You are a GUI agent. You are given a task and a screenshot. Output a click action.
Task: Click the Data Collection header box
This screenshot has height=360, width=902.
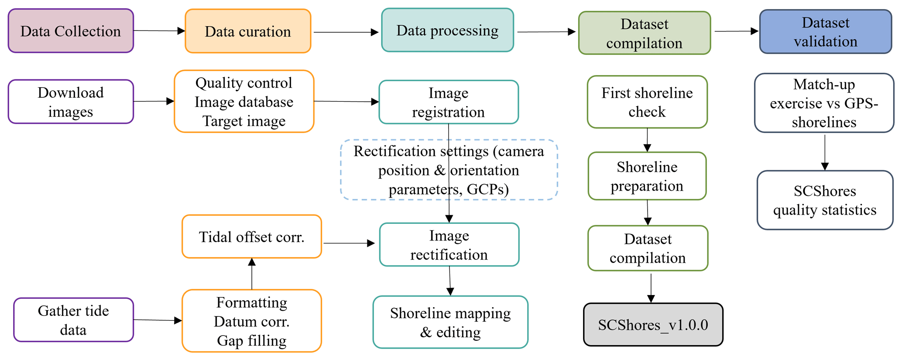click(71, 31)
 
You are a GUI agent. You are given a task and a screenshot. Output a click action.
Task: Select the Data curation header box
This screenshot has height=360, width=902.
click(248, 31)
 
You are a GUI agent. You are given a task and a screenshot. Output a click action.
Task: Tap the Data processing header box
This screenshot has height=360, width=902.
click(447, 31)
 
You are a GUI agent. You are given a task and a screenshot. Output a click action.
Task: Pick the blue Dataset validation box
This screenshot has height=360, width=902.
click(825, 32)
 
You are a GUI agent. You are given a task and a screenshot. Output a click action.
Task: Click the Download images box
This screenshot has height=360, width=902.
click(71, 102)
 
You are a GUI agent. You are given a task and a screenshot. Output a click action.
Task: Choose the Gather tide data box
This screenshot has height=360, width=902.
click(73, 320)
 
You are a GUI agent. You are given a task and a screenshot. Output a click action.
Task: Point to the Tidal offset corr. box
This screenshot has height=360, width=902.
click(252, 237)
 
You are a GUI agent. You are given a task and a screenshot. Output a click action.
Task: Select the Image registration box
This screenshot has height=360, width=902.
click(449, 102)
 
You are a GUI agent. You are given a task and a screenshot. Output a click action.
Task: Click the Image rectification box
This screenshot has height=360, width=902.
click(449, 245)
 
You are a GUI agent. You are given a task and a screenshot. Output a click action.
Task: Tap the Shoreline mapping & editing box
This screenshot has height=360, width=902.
click(450, 322)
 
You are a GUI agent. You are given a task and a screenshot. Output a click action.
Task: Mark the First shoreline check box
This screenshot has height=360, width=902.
click(647, 102)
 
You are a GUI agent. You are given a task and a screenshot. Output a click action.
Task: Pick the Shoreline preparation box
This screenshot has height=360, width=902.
click(647, 176)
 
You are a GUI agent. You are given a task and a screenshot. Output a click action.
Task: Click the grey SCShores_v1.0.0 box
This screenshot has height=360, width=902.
click(653, 325)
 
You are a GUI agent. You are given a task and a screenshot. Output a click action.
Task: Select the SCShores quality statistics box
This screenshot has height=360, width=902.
click(825, 200)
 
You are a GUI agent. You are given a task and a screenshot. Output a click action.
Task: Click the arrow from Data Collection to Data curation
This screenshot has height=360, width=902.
click(159, 31)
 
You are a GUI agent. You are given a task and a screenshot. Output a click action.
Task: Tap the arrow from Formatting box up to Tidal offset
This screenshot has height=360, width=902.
click(252, 274)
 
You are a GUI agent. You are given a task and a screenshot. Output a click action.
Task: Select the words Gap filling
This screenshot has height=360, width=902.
click(252, 341)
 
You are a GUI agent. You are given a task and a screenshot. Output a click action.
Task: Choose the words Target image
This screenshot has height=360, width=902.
click(244, 121)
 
